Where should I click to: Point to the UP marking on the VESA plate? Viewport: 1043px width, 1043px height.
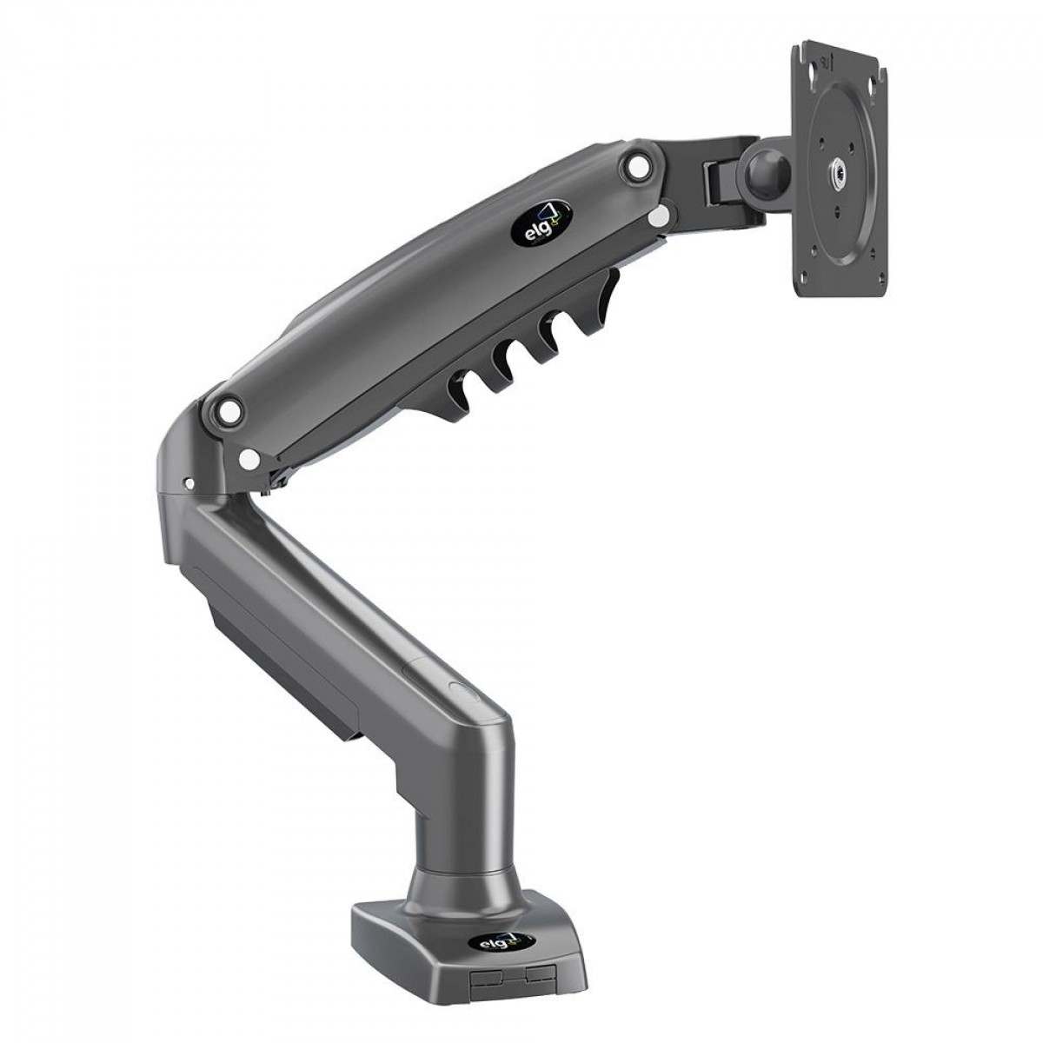point(827,62)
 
